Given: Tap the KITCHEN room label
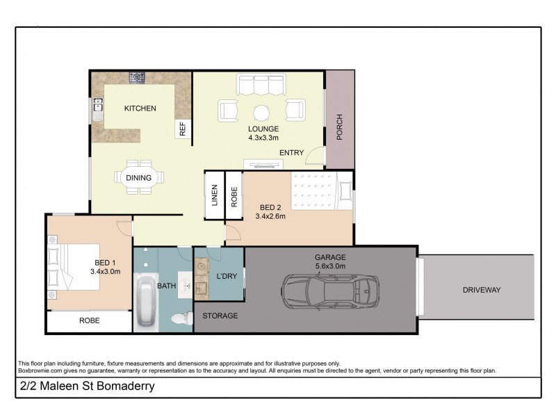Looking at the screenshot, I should (x=140, y=108).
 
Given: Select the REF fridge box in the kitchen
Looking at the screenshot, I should (x=183, y=129).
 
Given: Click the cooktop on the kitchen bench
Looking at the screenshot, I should (x=138, y=77).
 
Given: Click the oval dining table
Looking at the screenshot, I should (x=139, y=177).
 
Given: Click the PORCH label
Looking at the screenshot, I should (x=340, y=127).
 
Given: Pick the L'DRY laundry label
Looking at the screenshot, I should (x=227, y=277).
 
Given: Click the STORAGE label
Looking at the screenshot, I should (x=220, y=316).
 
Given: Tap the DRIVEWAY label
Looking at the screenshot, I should (x=482, y=290).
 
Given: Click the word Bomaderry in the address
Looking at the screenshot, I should (x=122, y=387).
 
